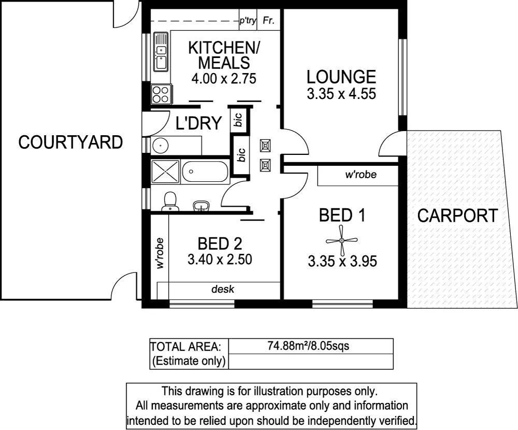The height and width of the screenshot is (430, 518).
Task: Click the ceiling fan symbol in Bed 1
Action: [341, 240]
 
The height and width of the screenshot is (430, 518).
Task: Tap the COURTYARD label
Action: [70, 142]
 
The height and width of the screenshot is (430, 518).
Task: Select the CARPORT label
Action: [458, 216]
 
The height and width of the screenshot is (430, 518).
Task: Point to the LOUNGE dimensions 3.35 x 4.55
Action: [341, 94]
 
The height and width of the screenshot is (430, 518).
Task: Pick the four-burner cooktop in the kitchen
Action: [160, 94]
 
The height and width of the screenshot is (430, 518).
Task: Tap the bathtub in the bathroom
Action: [206, 171]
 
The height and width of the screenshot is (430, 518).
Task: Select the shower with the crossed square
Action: [165, 171]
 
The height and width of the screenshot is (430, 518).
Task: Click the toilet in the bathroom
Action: [169, 202]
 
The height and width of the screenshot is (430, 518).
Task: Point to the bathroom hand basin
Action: [201, 207]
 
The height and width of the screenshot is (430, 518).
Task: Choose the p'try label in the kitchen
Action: [248, 21]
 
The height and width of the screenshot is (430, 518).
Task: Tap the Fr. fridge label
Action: [268, 21]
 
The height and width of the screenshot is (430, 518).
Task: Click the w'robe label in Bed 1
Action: [361, 175]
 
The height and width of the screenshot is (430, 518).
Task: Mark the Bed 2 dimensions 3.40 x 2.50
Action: [220, 259]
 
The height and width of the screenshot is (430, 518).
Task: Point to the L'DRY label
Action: [199, 123]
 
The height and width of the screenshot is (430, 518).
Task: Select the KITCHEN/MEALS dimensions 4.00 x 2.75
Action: [224, 79]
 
